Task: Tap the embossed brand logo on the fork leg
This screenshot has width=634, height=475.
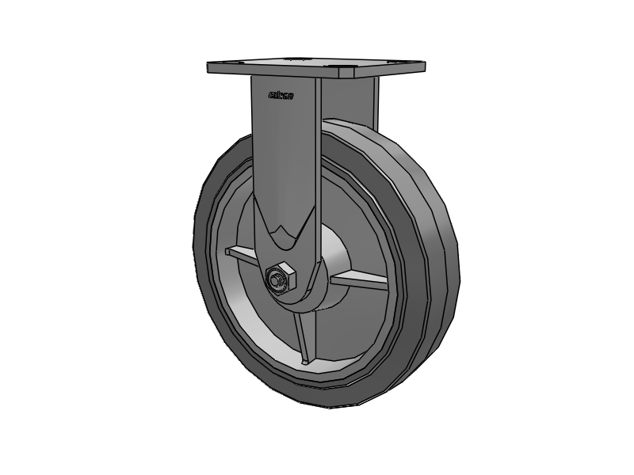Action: click(281, 95)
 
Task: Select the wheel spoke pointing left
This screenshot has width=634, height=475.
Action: click(242, 256)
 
